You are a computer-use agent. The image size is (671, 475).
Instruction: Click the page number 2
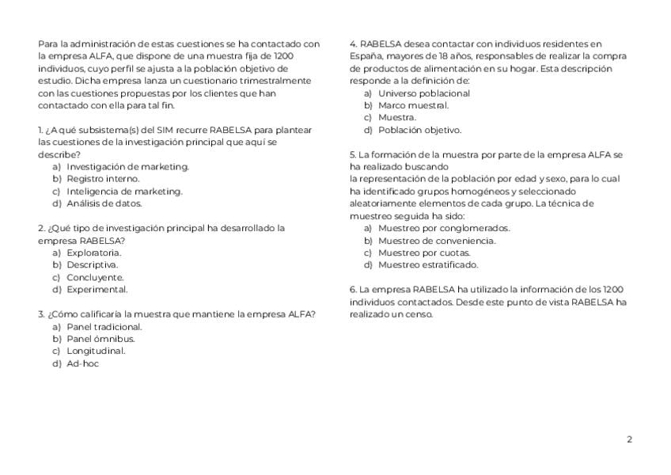click(629, 439)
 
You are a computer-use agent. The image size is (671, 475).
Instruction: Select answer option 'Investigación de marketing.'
click(127, 166)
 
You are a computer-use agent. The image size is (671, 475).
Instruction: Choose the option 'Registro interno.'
click(103, 179)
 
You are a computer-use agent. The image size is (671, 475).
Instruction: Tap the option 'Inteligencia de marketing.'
click(124, 191)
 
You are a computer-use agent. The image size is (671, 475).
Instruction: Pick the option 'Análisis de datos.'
click(104, 203)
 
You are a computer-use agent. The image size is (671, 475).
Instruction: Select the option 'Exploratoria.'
click(93, 253)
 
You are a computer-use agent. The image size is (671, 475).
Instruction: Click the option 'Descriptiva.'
click(92, 264)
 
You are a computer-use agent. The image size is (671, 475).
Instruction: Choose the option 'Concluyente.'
click(95, 277)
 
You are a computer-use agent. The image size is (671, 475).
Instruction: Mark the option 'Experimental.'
click(97, 290)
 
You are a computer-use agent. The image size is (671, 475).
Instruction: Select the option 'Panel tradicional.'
click(104, 326)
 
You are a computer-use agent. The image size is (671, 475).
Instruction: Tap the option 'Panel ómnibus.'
click(100, 339)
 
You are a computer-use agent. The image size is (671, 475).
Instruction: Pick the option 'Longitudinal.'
click(96, 351)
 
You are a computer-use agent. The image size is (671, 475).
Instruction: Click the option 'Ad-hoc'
click(82, 363)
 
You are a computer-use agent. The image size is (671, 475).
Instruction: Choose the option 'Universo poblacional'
click(423, 93)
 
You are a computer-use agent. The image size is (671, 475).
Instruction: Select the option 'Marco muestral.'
click(413, 105)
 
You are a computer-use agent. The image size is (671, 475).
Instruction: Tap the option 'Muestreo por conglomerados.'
click(444, 228)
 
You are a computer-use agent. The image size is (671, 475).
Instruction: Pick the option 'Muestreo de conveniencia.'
click(437, 241)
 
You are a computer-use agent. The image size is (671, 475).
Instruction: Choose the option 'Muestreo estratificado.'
click(428, 265)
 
